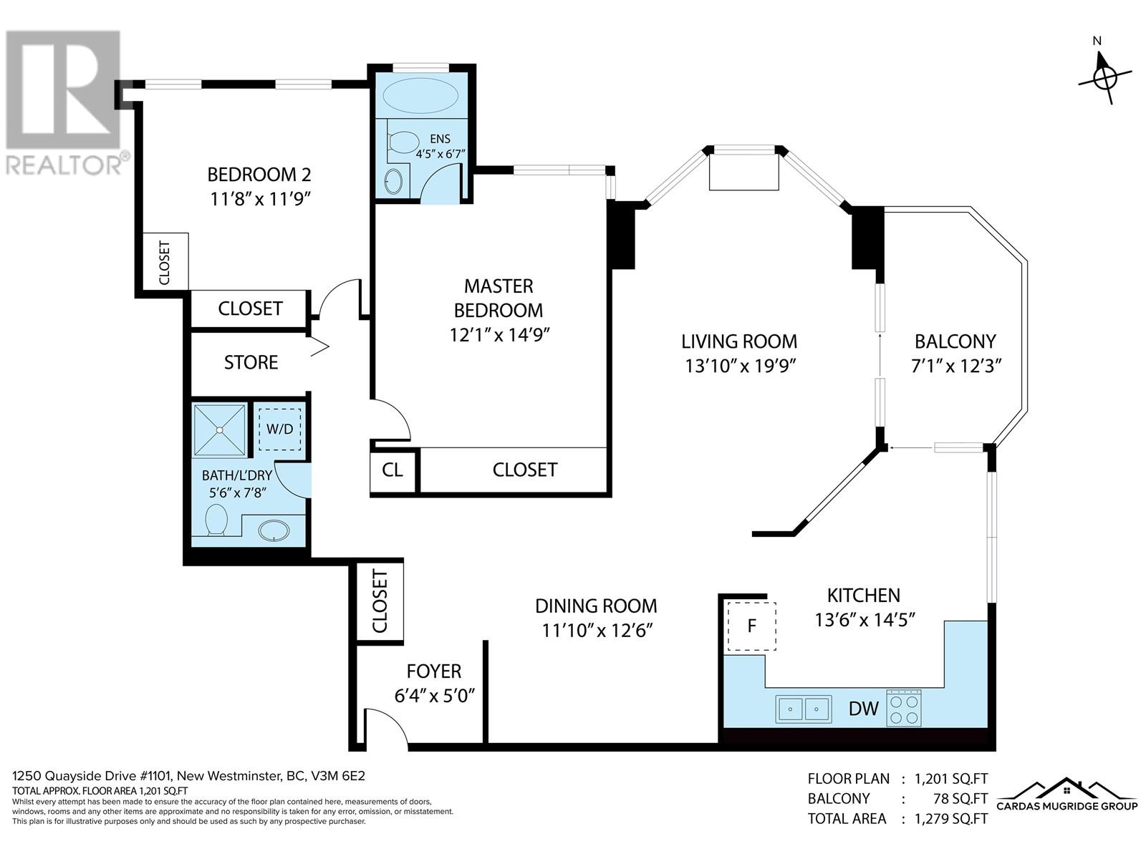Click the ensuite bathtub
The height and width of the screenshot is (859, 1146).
click(420, 96)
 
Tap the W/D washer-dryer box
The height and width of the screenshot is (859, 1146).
click(280, 429)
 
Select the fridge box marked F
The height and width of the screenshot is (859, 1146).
click(752, 626)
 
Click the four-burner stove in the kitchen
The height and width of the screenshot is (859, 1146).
click(904, 708)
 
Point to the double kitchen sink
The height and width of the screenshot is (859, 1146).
click(804, 709)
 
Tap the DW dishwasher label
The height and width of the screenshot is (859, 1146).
click(864, 709)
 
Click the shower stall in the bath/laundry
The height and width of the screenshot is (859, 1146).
click(220, 430)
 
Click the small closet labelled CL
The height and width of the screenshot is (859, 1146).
click(392, 470)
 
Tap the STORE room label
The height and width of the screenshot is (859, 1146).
click(251, 362)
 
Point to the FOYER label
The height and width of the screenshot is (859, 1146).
click(434, 671)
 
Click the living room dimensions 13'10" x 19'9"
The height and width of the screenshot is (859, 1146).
click(741, 366)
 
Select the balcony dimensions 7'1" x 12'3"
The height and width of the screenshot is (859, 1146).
click(956, 366)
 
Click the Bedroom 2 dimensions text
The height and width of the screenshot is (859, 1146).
click(261, 199)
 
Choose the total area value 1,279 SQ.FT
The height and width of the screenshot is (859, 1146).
click(950, 819)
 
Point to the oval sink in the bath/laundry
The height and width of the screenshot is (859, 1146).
click(274, 531)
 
